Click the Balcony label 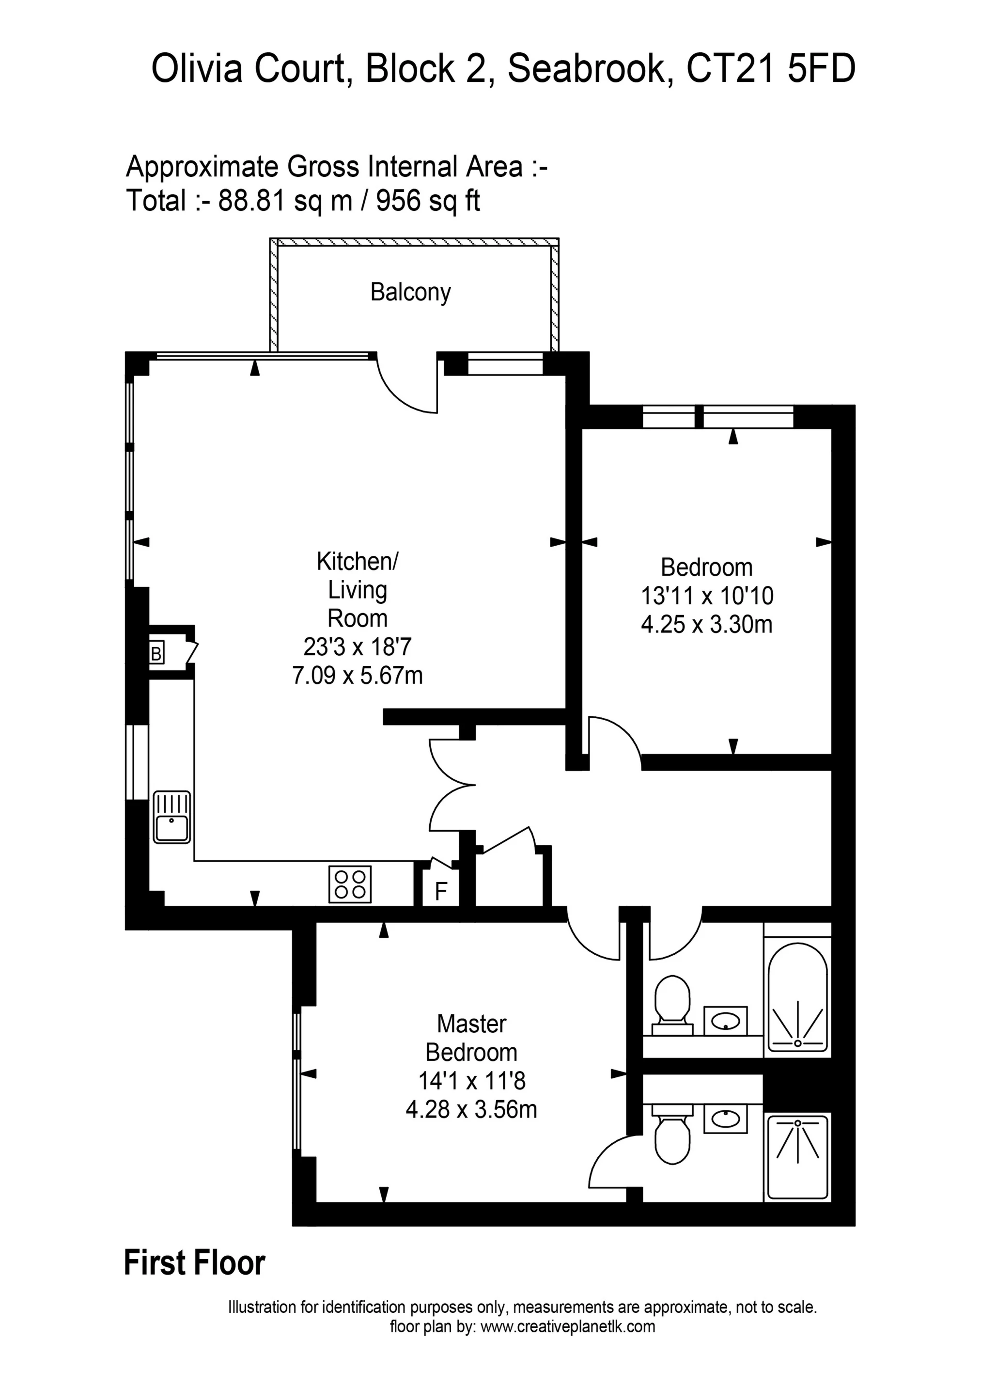coord(410,293)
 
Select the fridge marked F coord(441,891)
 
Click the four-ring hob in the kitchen coord(350,884)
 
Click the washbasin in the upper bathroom coord(725,1021)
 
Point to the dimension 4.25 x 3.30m coord(707,624)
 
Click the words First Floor coord(195,1263)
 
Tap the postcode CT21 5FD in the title coord(771,69)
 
